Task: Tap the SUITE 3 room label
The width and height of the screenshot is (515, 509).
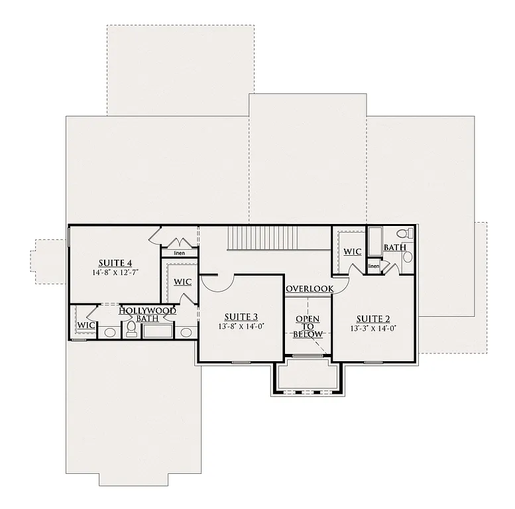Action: click(x=241, y=316)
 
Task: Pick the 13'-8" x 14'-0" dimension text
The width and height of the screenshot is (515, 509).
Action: click(x=241, y=326)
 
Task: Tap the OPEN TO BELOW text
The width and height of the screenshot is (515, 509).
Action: click(x=308, y=327)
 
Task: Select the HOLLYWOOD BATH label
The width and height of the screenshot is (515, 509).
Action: click(x=147, y=314)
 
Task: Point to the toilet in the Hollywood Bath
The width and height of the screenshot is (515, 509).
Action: click(x=131, y=331)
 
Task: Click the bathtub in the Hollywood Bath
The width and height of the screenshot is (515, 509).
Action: click(x=158, y=331)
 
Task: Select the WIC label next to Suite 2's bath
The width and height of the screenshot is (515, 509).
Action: click(x=352, y=252)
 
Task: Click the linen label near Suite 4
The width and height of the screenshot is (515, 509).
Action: click(x=179, y=253)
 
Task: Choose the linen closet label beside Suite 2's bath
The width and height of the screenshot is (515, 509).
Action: click(x=374, y=266)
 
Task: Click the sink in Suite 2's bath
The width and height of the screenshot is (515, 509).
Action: click(x=407, y=256)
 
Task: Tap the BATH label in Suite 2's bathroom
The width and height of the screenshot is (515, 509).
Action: click(x=395, y=247)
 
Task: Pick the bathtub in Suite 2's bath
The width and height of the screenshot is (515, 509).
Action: click(x=374, y=242)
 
